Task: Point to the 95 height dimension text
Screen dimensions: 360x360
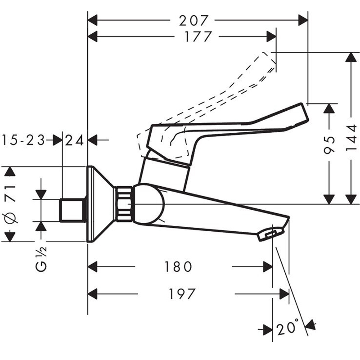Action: pos(330,145)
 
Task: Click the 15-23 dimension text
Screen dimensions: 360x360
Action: pos(23,140)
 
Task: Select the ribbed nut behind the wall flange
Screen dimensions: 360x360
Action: pos(123,205)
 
